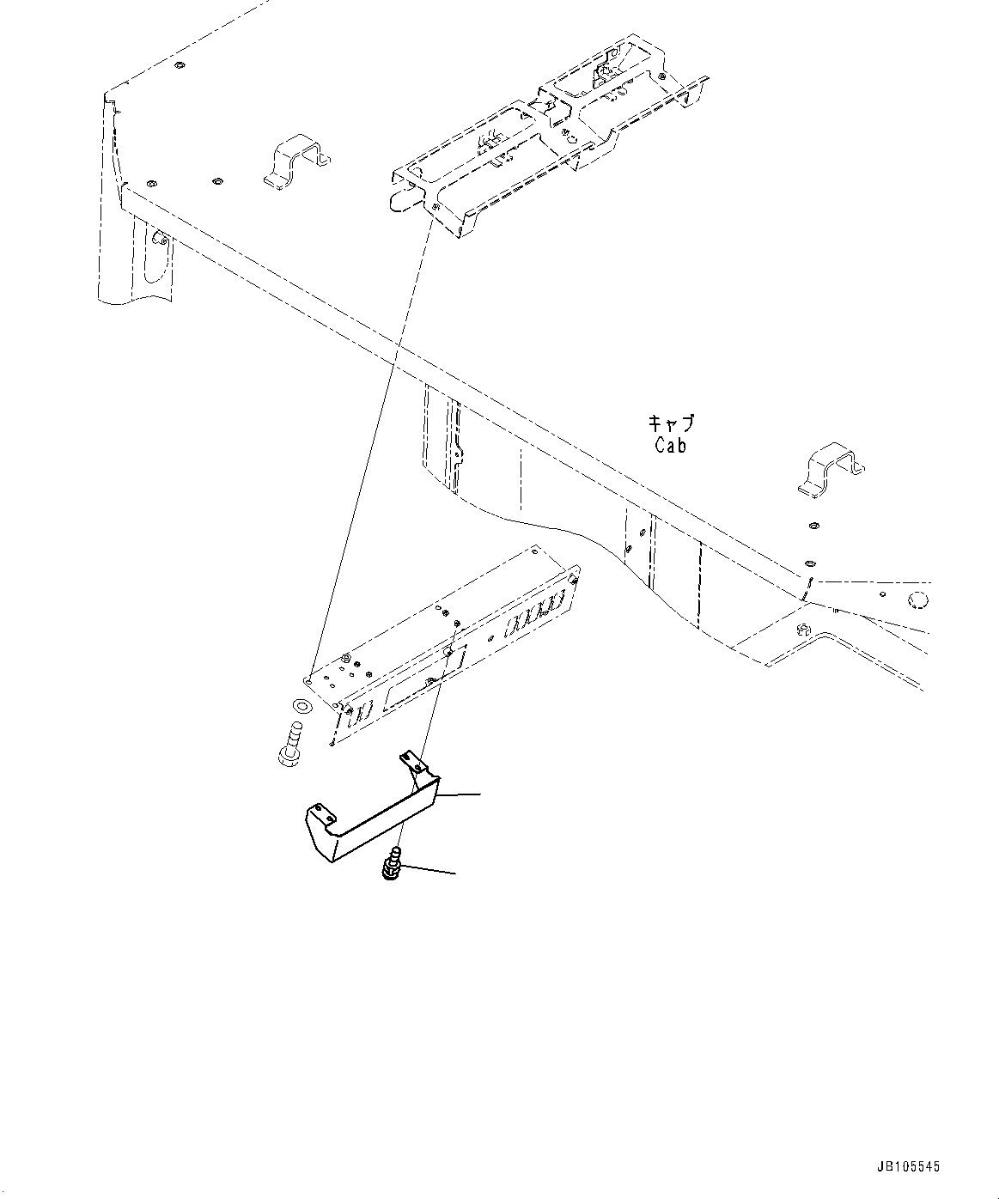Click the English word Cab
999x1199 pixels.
click(670, 446)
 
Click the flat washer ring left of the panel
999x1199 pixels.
click(302, 706)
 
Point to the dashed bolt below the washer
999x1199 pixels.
click(289, 745)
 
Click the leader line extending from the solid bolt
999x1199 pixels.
click(428, 873)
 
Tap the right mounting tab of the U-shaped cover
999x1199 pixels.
click(411, 762)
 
